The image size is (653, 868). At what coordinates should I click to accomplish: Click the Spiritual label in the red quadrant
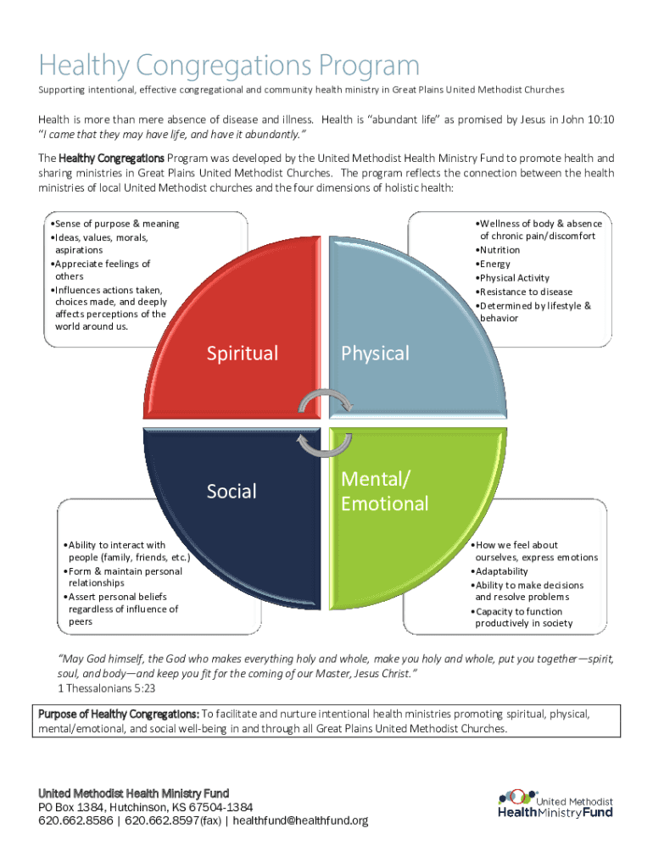pos(243,353)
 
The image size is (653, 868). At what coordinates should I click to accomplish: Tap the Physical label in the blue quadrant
pos(375,353)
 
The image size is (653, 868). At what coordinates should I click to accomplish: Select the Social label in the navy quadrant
pos(232,491)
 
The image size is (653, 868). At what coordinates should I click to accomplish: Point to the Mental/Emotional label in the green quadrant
pos(384,492)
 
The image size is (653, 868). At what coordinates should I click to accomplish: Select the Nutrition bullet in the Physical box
pos(500,250)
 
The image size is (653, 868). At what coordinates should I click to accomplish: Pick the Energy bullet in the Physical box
pos(495,264)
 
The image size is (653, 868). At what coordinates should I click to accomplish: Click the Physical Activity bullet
pos(514,278)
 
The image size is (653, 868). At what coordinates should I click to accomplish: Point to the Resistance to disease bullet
pos(525,292)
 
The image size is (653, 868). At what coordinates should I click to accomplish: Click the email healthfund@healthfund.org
pos(300,821)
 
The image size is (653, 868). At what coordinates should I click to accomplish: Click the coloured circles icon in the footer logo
pos(514,797)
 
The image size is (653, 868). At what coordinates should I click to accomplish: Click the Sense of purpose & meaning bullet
pos(117,224)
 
